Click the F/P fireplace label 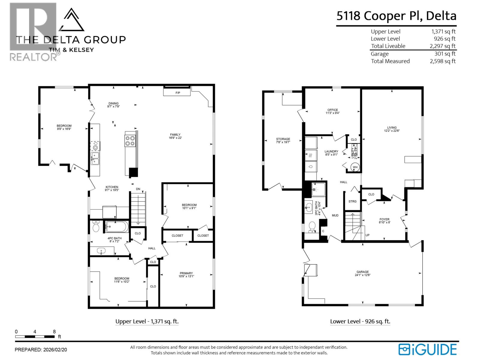click(x=178, y=93)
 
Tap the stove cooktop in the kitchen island click(x=130, y=141)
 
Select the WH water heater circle click(x=355, y=167)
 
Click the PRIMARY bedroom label click(x=186, y=273)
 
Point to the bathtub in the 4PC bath click(x=116, y=227)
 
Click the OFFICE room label click(x=332, y=110)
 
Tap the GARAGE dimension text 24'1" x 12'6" click(x=362, y=275)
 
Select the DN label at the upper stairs click(x=138, y=189)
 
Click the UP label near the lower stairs click(x=367, y=235)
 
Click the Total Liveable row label click(x=388, y=46)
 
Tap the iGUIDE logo click(x=427, y=350)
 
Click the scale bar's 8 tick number click(x=54, y=332)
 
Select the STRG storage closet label click(x=352, y=201)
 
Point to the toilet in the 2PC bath click(x=312, y=227)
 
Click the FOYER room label click(x=384, y=219)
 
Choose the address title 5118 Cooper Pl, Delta click(x=396, y=16)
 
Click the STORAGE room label click(x=283, y=139)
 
